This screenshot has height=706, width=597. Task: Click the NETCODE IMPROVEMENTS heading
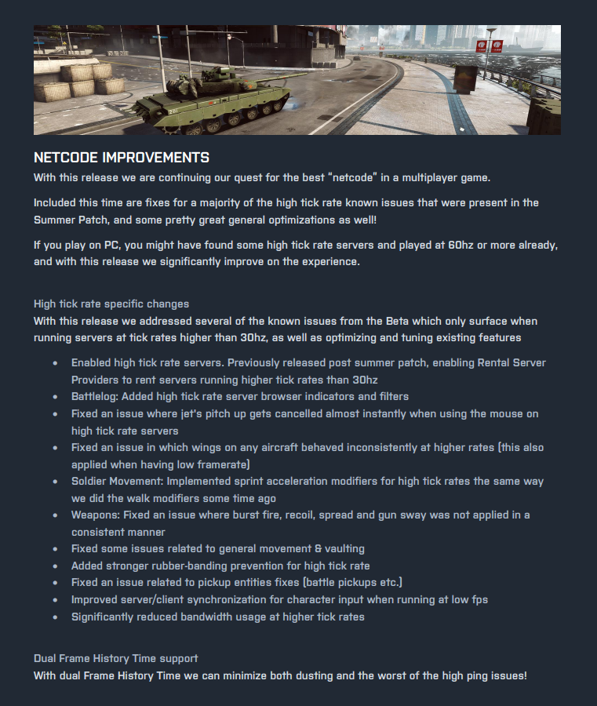click(122, 158)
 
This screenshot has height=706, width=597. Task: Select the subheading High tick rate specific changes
click(111, 304)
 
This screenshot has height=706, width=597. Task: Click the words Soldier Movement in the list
click(115, 481)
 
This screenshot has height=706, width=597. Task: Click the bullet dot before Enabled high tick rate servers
click(55, 362)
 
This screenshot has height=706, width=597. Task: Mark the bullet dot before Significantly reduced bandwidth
click(55, 617)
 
